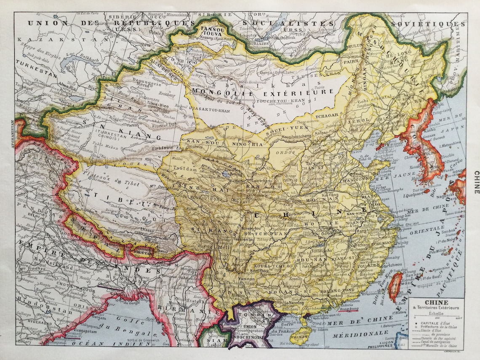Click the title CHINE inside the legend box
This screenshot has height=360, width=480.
[436, 302]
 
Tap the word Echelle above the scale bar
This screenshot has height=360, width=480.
[436, 313]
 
